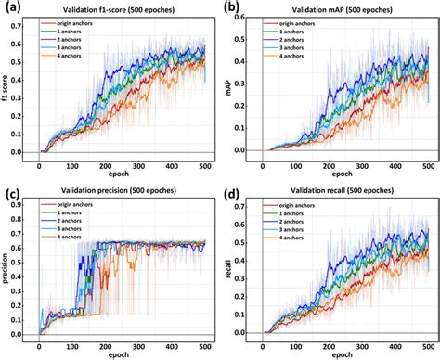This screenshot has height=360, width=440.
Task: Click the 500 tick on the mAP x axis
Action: [x=423, y=164]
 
